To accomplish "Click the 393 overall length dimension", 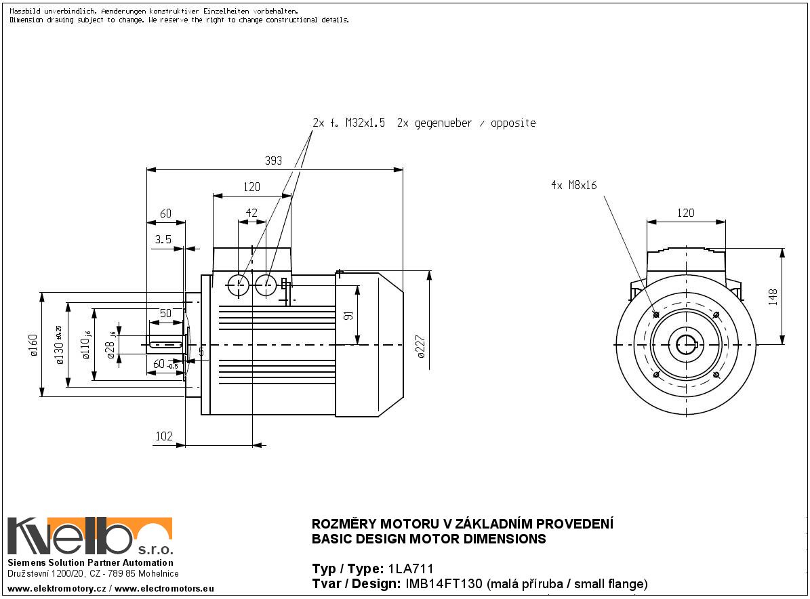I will pos(272,161).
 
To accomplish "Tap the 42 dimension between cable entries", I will pos(251,213).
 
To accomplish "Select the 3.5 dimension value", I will pos(163,239).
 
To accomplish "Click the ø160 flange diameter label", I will pos(33,346).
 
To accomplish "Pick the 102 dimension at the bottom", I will pos(164,436).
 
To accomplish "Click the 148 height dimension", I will pos(773,297).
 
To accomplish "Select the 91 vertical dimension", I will pos(349,316).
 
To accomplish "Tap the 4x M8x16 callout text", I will pos(573,185).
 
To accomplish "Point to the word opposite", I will pos(512,123).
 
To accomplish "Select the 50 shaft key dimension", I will pos(165,313).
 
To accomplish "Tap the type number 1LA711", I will pos(410,569).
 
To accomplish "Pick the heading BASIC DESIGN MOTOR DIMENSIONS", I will pos(428,539).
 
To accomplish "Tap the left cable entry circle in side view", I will pos(238,285).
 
